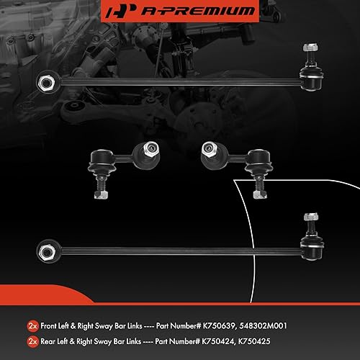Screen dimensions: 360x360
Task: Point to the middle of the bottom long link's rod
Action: [x=173, y=251]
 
